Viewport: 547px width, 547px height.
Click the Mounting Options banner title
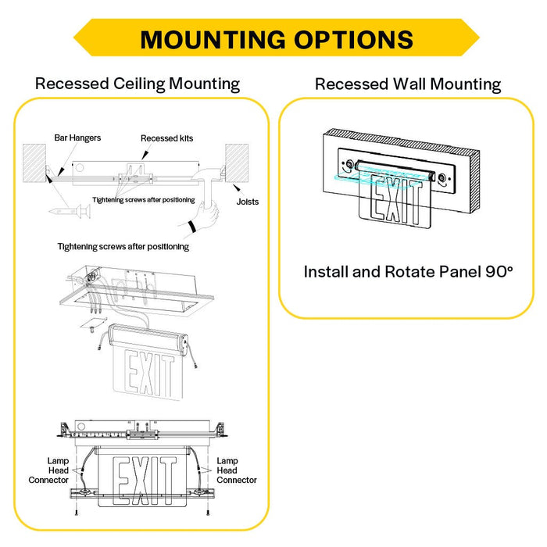pyautogui.click(x=277, y=39)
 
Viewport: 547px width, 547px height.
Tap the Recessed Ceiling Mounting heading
pyautogui.click(x=138, y=84)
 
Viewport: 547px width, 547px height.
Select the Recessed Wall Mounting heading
pyautogui.click(x=408, y=84)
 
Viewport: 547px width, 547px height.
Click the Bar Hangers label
pyautogui.click(x=77, y=138)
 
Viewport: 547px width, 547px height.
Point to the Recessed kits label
pyautogui.click(x=166, y=138)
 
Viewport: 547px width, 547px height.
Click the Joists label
pyautogui.click(x=248, y=202)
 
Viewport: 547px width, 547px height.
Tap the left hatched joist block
pyautogui.click(x=34, y=163)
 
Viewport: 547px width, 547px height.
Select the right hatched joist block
pyautogui.click(x=237, y=163)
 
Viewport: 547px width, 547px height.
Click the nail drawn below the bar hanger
pyautogui.click(x=70, y=211)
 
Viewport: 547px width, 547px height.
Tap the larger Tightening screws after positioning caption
pyautogui.click(x=123, y=247)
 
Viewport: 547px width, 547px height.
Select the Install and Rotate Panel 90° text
pyautogui.click(x=408, y=272)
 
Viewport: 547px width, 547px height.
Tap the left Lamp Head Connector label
pyautogui.click(x=48, y=470)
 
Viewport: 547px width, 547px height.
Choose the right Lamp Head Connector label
pyautogui.click(x=237, y=470)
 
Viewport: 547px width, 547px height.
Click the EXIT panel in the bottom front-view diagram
pyautogui.click(x=142, y=477)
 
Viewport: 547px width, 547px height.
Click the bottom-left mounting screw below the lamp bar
pyautogui.click(x=77, y=513)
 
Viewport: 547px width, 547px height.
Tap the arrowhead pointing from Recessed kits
pyautogui.click(x=145, y=156)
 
